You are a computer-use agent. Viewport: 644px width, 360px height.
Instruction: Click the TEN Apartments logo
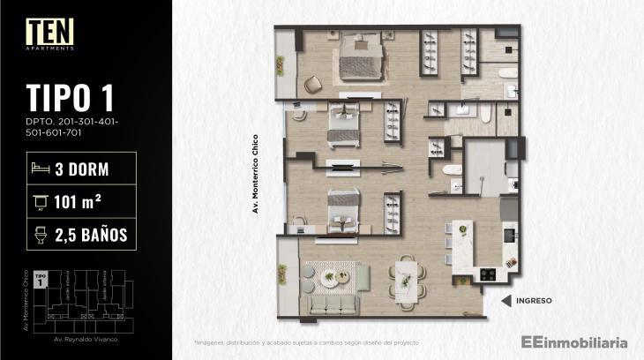(x=49, y=34)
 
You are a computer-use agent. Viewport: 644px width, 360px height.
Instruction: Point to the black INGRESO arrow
(x=505, y=301)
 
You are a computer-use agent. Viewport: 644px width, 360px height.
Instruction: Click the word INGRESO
(x=535, y=301)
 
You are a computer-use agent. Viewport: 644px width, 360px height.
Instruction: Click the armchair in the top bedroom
(x=314, y=85)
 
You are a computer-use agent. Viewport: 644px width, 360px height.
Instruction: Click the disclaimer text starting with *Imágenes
(x=306, y=341)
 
